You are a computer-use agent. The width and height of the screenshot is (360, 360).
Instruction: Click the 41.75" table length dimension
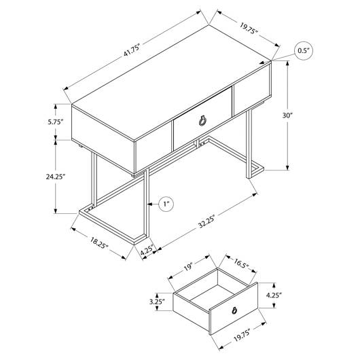[132, 50]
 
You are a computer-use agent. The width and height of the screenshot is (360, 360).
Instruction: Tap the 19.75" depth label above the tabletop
[249, 29]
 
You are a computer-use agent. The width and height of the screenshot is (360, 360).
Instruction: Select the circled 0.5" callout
[304, 51]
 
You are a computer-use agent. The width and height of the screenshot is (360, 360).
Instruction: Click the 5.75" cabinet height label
[55, 122]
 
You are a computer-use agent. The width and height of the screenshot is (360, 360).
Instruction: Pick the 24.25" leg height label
[56, 177]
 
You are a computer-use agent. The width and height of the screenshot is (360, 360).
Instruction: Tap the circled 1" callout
[166, 204]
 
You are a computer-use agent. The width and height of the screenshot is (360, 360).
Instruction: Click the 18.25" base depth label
[99, 243]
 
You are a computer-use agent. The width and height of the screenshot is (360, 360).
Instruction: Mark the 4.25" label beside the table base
[147, 251]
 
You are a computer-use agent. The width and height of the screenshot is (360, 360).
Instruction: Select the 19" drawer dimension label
[187, 267]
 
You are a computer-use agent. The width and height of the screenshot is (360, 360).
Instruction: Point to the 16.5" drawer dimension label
[241, 264]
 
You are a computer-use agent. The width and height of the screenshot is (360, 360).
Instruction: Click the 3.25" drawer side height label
[158, 302]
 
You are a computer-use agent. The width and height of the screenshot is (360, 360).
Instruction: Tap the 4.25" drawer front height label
[274, 295]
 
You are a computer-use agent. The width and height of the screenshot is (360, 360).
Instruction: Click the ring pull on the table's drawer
[202, 120]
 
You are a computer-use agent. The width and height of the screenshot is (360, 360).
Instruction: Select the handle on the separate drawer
[234, 310]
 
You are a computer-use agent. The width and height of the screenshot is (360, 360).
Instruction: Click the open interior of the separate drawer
[215, 291]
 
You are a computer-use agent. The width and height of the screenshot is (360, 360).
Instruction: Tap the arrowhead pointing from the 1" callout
[150, 204]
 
